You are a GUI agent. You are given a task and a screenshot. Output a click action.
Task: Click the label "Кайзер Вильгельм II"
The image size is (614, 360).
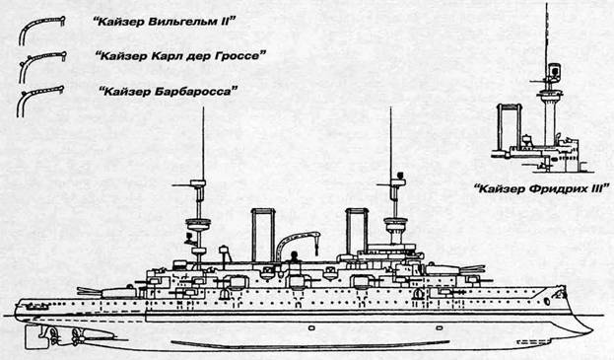pyautogui.click(x=163, y=22)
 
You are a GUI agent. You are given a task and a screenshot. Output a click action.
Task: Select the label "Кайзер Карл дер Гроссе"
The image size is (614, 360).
pyautogui.click(x=179, y=56)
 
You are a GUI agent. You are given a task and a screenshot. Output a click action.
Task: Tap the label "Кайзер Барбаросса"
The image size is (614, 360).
pyautogui.click(x=169, y=92)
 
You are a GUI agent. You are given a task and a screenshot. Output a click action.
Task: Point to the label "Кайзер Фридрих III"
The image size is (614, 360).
pyautogui.click(x=541, y=188)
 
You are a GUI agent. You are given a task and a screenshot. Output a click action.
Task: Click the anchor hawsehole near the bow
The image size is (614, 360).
pyautogui.click(x=547, y=301)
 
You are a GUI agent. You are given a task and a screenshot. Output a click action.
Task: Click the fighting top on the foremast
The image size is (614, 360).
pyautogui.click(x=395, y=224)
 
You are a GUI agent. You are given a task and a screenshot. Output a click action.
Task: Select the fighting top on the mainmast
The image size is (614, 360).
pyautogui.click(x=198, y=224)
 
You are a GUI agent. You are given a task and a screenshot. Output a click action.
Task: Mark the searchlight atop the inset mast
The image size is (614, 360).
pyautogui.click(x=554, y=70)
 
